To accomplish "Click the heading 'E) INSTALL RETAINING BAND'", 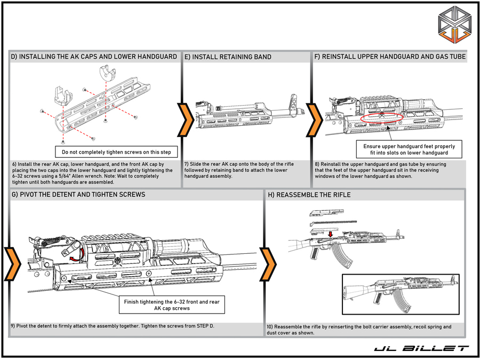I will (228, 57).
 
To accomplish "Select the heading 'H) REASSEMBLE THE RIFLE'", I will (310, 195).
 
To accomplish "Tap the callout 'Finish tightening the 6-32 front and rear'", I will (172, 305).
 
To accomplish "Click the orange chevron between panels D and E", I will (185, 118).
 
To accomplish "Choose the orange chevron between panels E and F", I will (315, 118).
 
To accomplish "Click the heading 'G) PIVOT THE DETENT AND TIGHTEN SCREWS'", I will (78, 195).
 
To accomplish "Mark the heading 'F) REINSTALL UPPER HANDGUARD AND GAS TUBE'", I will (390, 57).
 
